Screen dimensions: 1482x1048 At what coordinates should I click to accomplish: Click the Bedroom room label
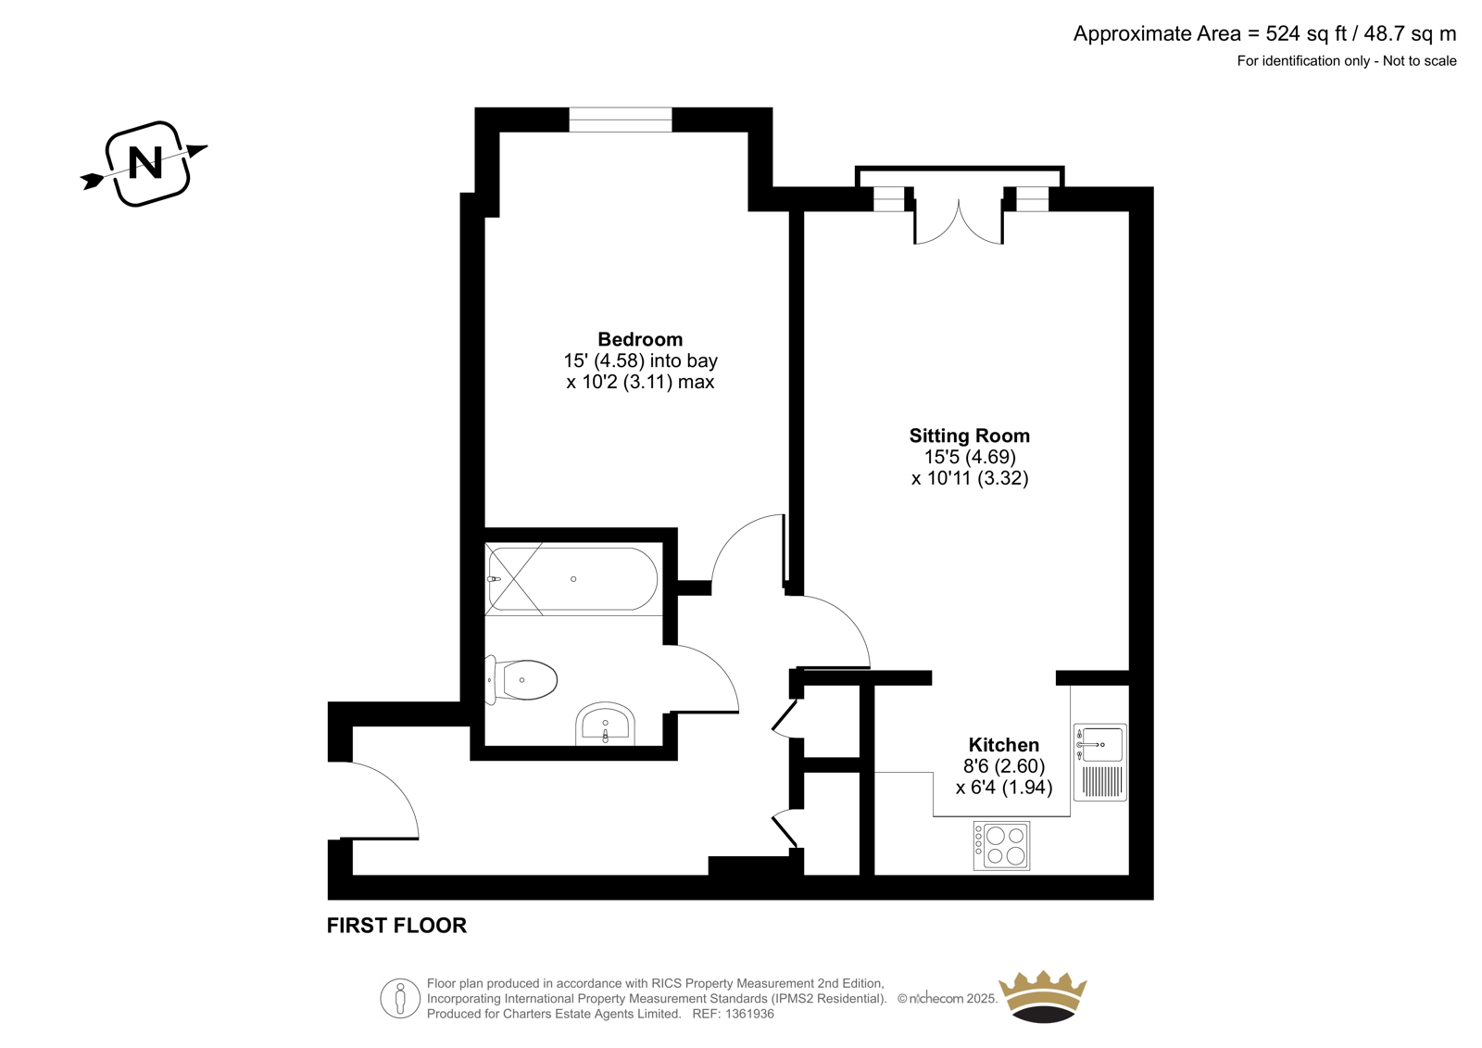(x=640, y=340)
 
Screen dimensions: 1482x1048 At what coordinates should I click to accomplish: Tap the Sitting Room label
(x=969, y=436)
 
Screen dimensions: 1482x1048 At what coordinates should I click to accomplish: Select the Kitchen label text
(x=1004, y=744)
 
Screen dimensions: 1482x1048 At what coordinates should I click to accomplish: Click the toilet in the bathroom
(x=521, y=680)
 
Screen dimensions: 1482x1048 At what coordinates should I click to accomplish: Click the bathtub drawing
(x=573, y=579)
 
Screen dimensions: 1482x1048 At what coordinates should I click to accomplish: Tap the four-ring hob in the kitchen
(x=1001, y=845)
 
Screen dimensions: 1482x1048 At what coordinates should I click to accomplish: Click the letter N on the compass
(x=145, y=163)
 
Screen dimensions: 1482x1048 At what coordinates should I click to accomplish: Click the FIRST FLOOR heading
(x=397, y=926)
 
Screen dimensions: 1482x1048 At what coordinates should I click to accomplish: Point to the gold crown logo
(x=1043, y=996)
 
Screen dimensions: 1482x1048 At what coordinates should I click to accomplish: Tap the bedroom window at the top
(x=621, y=120)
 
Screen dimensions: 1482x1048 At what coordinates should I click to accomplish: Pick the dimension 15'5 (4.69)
(x=970, y=457)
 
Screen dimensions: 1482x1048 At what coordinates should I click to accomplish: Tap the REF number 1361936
(x=748, y=1014)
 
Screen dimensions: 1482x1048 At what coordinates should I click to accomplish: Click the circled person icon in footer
(x=400, y=998)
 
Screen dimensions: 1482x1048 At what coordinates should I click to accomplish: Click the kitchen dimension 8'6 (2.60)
(x=1004, y=766)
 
